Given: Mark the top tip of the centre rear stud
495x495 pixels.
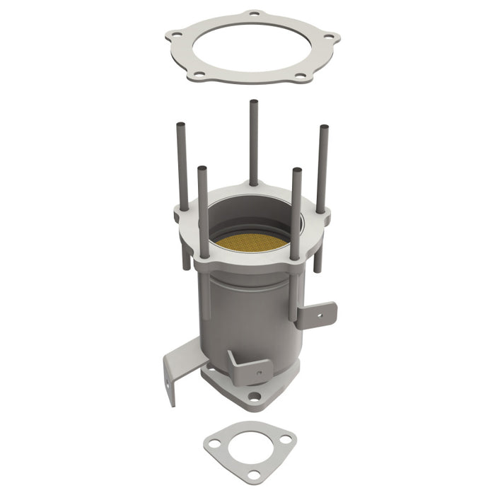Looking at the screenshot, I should [x=252, y=103].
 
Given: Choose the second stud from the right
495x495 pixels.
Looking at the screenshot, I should [x=296, y=212].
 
